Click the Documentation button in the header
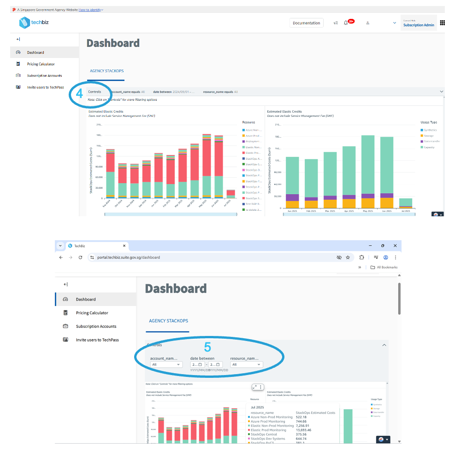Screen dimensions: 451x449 click(307, 23)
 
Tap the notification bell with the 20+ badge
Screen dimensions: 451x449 click(346, 23)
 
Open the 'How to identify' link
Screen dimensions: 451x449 click(90, 10)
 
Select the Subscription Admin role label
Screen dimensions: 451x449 click(418, 25)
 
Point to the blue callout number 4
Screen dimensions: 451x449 click(79, 93)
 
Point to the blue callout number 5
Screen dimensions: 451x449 click(207, 347)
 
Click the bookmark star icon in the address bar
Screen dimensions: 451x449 click(348, 257)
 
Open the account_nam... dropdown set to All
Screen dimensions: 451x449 click(166, 364)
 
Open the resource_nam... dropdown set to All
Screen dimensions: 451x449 click(247, 364)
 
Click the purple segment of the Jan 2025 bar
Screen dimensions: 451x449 click(292, 197)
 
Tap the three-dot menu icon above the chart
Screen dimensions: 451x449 click(261, 387)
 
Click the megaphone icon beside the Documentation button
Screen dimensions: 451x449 click(336, 23)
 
